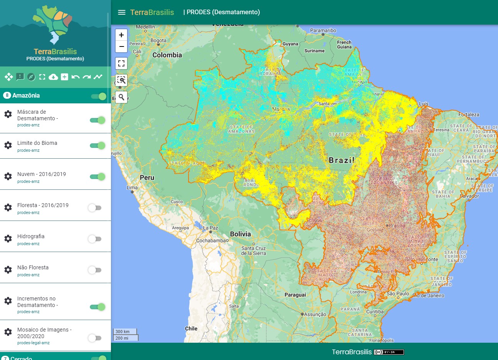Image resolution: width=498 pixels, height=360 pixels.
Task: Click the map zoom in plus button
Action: point(121,35)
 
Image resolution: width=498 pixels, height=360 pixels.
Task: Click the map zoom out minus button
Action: point(121,47)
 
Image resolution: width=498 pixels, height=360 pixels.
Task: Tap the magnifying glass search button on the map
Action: point(121,97)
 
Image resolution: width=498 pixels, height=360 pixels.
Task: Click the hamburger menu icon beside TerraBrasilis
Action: point(122,12)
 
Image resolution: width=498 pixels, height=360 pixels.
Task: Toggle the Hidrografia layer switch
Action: point(94,239)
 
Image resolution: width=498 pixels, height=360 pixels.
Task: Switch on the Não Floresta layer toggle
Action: point(94,270)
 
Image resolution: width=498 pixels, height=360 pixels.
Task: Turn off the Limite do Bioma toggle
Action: point(98,146)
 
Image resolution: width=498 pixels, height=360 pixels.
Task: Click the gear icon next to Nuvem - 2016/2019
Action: point(8,176)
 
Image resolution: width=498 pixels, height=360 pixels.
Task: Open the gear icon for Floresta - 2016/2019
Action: point(8,207)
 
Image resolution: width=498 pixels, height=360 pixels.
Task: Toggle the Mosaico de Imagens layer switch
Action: point(94,338)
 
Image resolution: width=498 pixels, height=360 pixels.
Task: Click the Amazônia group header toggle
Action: point(99,96)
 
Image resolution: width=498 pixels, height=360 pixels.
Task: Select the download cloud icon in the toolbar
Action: point(53,77)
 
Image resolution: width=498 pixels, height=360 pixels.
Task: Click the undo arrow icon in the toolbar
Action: point(76,77)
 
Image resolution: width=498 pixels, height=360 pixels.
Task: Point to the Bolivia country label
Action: point(240,234)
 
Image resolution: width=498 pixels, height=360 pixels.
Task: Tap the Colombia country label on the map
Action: point(167,55)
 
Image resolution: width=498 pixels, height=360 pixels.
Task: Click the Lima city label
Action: point(132,187)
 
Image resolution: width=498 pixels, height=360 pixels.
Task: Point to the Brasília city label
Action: point(397,226)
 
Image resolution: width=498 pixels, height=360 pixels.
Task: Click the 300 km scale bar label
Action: point(123,332)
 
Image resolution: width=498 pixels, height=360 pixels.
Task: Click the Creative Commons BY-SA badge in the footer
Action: point(389,352)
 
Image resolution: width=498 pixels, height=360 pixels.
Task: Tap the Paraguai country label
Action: point(295,295)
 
